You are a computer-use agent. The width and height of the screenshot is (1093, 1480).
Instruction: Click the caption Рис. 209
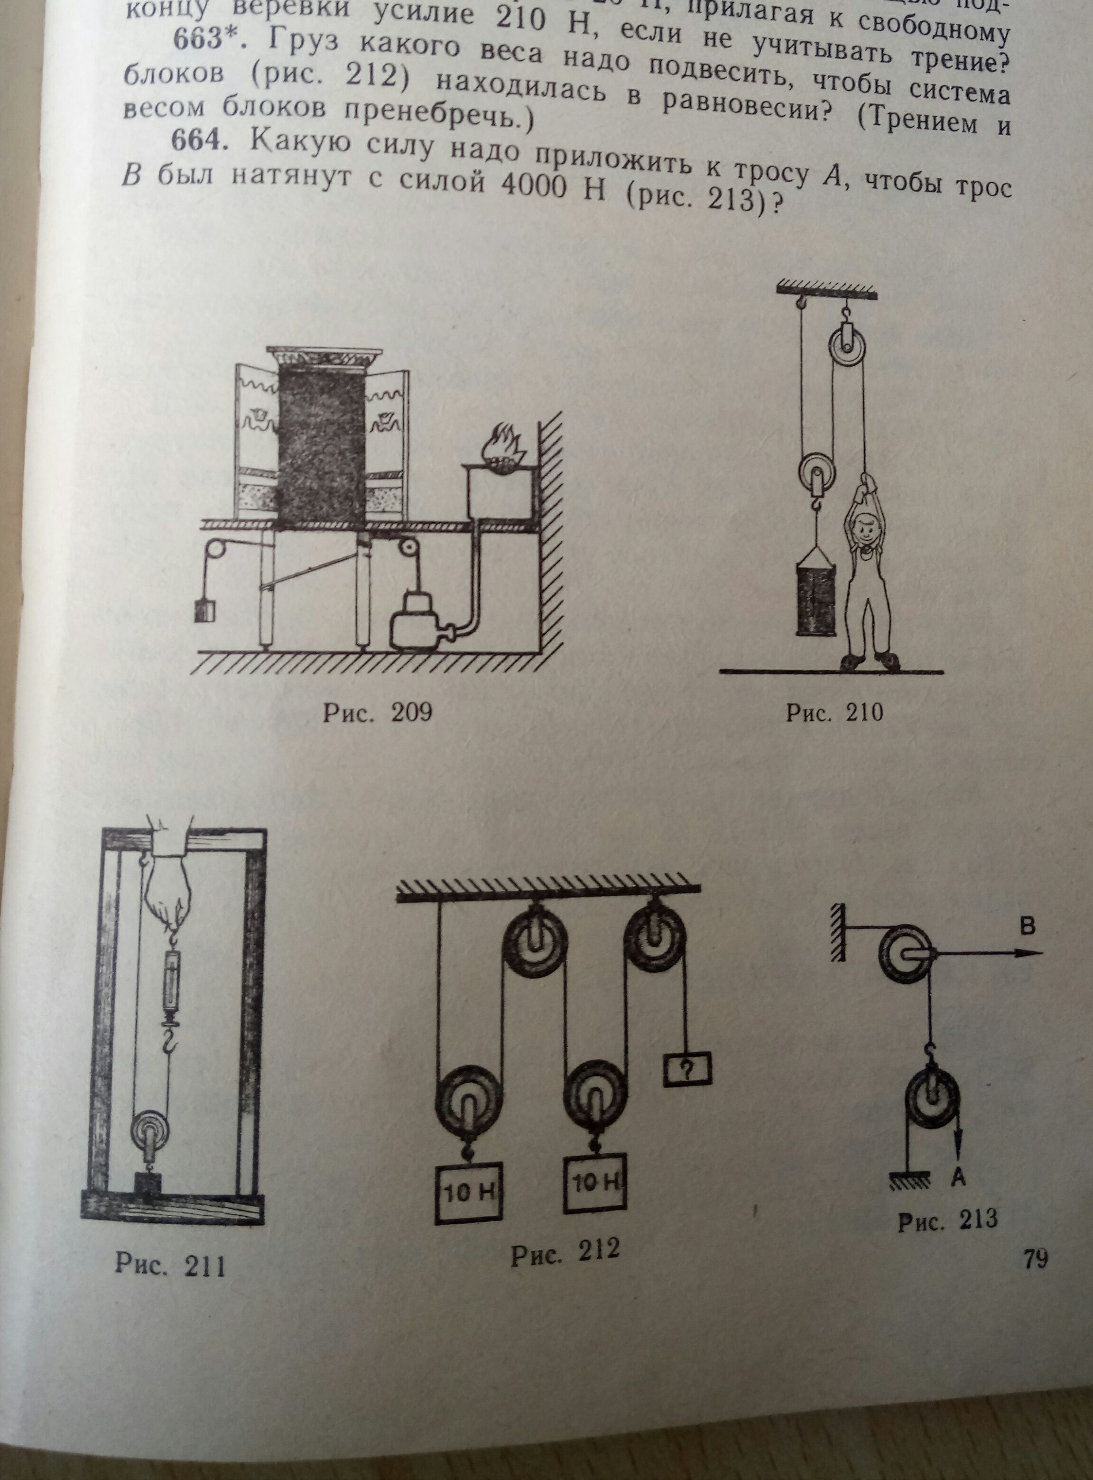(x=377, y=712)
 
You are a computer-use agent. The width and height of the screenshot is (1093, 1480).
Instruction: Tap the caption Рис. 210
(x=834, y=712)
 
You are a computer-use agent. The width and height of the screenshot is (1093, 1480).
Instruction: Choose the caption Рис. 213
(x=947, y=1219)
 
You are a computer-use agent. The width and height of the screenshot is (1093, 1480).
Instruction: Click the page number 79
(x=1036, y=1257)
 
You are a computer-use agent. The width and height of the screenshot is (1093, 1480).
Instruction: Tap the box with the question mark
(x=688, y=1070)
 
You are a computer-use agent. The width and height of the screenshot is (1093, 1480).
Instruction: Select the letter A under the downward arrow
(x=959, y=1175)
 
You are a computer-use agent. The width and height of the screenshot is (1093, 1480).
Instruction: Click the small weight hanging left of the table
(x=205, y=608)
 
